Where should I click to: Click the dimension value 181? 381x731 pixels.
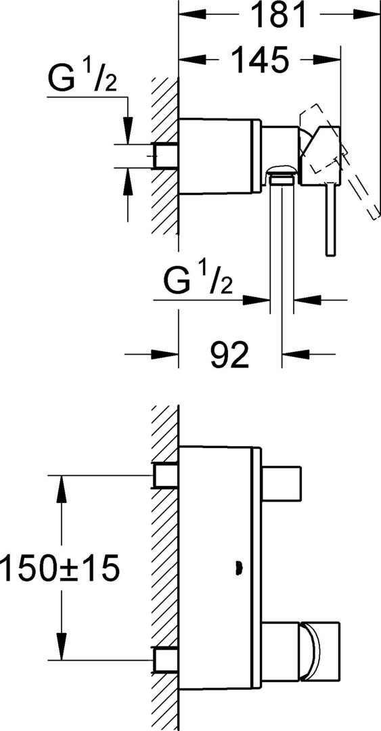(x=279, y=16)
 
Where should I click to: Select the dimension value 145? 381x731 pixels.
(x=260, y=59)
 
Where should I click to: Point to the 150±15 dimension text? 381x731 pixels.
(x=60, y=567)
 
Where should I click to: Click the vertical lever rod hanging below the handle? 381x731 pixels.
(x=331, y=219)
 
